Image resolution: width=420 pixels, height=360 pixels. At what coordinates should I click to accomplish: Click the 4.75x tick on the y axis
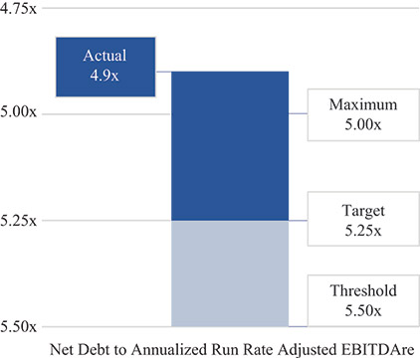click(x=20, y=7)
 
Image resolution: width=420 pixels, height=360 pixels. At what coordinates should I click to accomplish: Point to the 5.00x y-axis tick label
click(x=20, y=113)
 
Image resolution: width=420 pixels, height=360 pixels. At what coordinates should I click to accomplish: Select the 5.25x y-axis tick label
click(x=20, y=220)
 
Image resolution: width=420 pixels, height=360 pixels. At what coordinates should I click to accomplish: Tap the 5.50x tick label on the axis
click(x=20, y=326)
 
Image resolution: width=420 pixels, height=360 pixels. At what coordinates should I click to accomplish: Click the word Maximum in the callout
click(x=356, y=103)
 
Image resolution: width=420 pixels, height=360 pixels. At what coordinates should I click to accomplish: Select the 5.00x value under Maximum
click(x=356, y=123)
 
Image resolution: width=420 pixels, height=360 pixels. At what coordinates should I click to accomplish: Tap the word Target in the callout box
click(x=356, y=211)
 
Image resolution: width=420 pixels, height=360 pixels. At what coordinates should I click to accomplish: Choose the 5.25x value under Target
click(x=356, y=231)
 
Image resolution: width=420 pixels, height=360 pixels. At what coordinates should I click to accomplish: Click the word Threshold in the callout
click(x=356, y=290)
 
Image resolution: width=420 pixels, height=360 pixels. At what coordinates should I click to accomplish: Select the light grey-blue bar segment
click(x=230, y=272)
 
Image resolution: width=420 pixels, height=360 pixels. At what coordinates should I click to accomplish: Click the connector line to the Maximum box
click(x=298, y=113)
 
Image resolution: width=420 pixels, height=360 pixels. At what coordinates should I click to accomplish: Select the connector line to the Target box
click(x=298, y=220)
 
